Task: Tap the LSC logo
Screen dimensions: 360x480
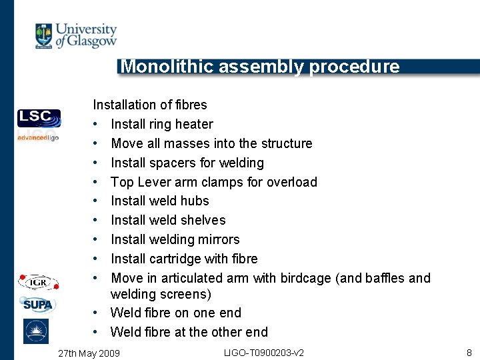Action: click(x=39, y=117)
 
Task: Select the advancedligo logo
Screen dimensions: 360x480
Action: click(x=38, y=137)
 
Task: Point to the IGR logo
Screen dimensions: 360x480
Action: click(x=39, y=282)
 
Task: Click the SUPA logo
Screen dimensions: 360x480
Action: click(x=39, y=305)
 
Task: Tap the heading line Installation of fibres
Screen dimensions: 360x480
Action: click(x=150, y=105)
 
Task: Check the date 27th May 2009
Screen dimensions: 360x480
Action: click(x=89, y=352)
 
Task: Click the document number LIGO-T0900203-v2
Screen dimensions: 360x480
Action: click(x=265, y=351)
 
